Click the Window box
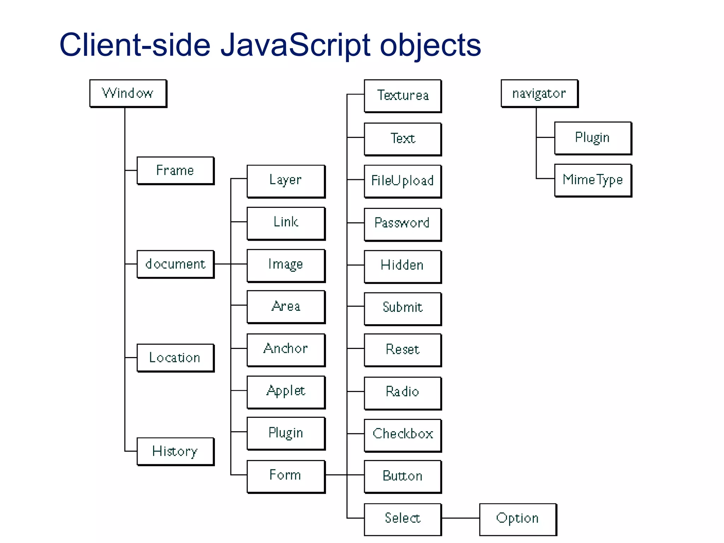[x=128, y=93]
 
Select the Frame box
[x=175, y=170]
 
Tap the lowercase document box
[x=175, y=264]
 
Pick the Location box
[x=175, y=357]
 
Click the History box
[x=175, y=451]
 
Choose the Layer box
[x=286, y=181]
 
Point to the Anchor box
[x=286, y=349]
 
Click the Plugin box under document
[x=286, y=433]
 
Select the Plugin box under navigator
[x=593, y=138]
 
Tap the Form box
[x=286, y=476]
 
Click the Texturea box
[x=403, y=95]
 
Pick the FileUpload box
[x=403, y=181]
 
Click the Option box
[x=518, y=519]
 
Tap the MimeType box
[x=593, y=180]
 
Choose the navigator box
[x=539, y=93]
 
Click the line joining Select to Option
[x=460, y=518]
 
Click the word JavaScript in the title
[x=295, y=45]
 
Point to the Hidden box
[x=403, y=266]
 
